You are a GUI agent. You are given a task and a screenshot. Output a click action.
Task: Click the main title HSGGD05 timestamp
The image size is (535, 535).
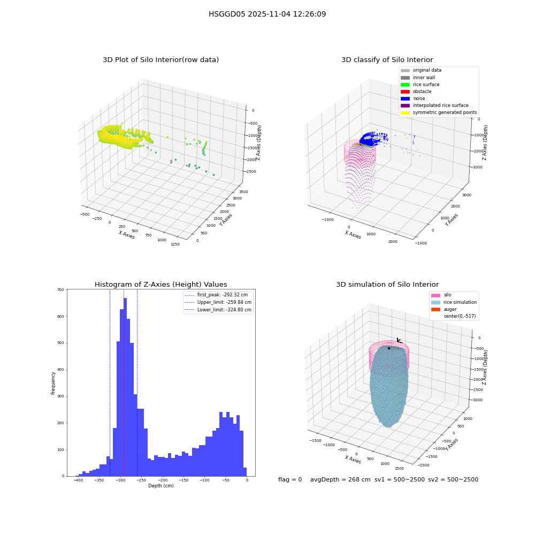(x=267, y=14)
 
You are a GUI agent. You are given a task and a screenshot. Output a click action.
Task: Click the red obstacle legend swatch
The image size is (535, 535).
(x=405, y=91)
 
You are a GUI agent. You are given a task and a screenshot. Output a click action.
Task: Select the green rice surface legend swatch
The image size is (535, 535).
(x=405, y=85)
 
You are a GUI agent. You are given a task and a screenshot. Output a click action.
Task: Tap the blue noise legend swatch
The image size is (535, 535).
(x=405, y=98)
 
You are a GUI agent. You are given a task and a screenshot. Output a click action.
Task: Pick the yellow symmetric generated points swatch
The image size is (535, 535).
(x=405, y=112)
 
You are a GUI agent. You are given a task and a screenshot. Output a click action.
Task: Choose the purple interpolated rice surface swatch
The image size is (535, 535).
(x=405, y=105)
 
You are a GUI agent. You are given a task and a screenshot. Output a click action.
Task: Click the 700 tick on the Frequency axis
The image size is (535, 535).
(x=60, y=289)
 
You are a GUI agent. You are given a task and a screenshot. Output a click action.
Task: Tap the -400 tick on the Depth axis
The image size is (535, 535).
(x=78, y=480)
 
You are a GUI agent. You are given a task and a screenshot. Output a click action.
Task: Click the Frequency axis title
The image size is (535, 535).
(x=53, y=383)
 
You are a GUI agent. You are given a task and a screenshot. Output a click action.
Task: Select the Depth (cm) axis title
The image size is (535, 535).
(x=160, y=486)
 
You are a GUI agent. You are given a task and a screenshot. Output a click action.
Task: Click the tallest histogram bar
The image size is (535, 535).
(x=125, y=387)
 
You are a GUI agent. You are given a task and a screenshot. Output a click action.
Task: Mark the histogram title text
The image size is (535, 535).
(x=160, y=285)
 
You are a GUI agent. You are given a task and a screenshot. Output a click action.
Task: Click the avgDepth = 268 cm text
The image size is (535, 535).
(x=340, y=479)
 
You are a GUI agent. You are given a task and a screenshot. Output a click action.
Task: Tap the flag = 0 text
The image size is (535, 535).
(x=290, y=479)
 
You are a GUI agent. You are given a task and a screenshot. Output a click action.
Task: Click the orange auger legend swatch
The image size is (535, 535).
(x=435, y=309)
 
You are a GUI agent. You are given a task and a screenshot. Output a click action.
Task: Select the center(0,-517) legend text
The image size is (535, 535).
(x=460, y=316)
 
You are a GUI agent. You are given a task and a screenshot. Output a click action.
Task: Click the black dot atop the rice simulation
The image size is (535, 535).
(x=389, y=348)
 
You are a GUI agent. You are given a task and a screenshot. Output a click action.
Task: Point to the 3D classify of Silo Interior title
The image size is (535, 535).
(x=387, y=60)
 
